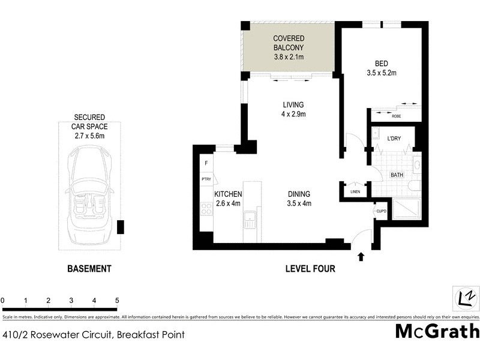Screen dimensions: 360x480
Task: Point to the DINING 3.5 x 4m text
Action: pos(298,199)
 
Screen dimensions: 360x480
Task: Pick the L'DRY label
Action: pos(394,139)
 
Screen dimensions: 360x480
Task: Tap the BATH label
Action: pos(397,175)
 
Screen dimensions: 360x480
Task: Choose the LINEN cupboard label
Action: pos(355,191)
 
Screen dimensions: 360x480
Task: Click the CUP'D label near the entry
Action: pos(380,211)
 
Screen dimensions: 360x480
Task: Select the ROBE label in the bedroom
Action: pos(396,116)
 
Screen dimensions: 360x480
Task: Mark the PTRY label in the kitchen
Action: pos(206,179)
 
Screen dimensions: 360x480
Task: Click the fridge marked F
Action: pos(206,163)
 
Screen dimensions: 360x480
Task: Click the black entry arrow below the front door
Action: pos(361,257)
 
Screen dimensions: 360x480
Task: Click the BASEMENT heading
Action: pos(89,269)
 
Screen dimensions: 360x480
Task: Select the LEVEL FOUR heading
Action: pos(310,269)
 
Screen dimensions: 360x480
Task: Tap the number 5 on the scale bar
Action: pos(118,300)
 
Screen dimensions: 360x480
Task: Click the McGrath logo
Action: pos(437,331)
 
